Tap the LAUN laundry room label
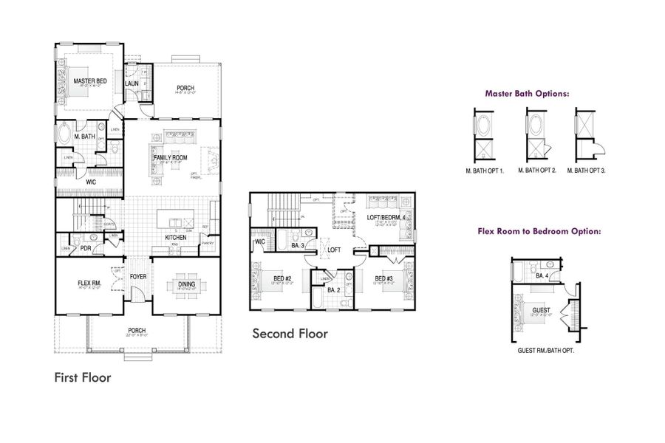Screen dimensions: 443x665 [132, 83]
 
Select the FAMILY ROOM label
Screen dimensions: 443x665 [171, 158]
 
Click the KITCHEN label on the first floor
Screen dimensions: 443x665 [176, 238]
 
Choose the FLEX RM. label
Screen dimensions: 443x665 [89, 284]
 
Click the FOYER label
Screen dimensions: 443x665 [139, 278]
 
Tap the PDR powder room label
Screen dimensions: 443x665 [86, 249]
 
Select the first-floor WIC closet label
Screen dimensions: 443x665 [90, 182]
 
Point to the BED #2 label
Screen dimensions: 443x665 [282, 278]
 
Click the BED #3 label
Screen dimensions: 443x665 [383, 278]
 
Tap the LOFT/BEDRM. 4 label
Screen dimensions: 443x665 [386, 217]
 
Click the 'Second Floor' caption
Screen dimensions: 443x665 [290, 334]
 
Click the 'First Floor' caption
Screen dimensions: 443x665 [83, 377]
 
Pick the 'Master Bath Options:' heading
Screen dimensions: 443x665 [527, 94]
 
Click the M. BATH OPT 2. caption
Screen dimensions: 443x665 [535, 170]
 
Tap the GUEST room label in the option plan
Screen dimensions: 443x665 [541, 310]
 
